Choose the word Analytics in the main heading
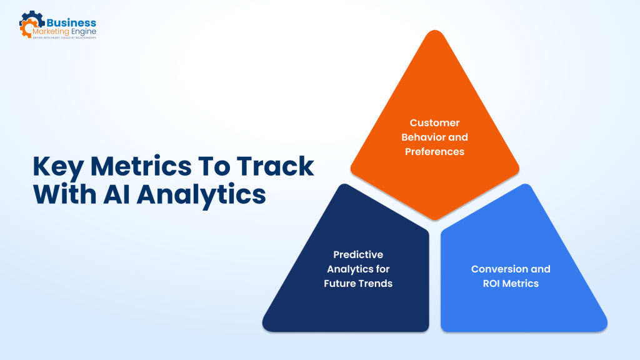(201, 194)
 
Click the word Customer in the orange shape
(434, 123)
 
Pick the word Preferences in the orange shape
(434, 151)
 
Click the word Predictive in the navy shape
(358, 255)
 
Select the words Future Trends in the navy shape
(358, 283)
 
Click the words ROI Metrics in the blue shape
(511, 283)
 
